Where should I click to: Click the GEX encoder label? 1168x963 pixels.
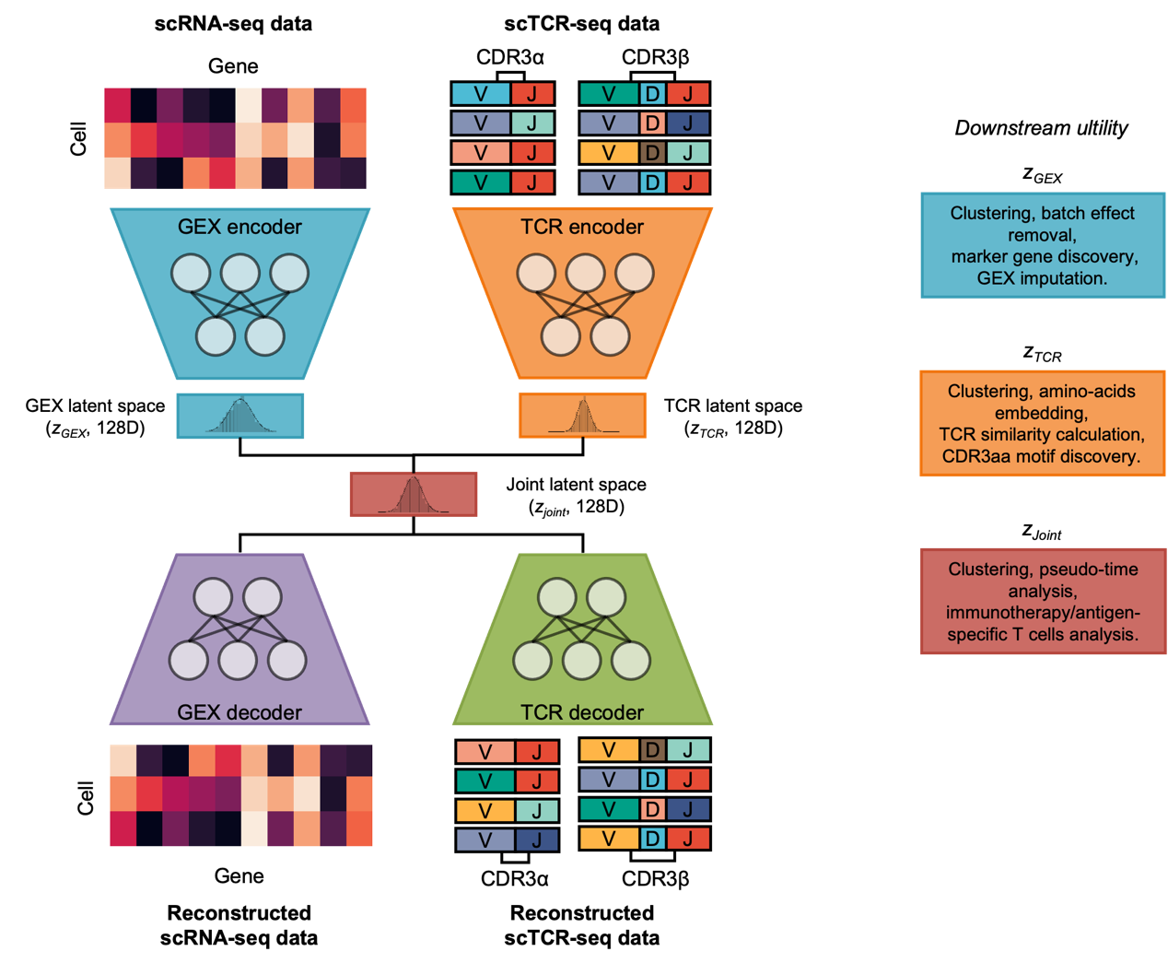pyautogui.click(x=239, y=227)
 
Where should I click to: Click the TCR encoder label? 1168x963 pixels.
pyautogui.click(x=582, y=227)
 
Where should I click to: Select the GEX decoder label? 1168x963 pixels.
pyautogui.click(x=239, y=712)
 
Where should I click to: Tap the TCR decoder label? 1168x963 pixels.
pyautogui.click(x=582, y=712)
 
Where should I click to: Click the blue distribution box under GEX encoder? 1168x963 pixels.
pyautogui.click(x=240, y=416)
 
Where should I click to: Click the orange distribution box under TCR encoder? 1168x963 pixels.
pyautogui.click(x=582, y=415)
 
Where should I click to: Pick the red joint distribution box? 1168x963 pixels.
pyautogui.click(x=414, y=494)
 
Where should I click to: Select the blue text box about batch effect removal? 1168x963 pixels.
pyautogui.click(x=1043, y=245)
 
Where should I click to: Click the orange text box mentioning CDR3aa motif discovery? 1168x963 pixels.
pyautogui.click(x=1043, y=423)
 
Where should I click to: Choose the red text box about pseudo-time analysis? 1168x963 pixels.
pyautogui.click(x=1043, y=601)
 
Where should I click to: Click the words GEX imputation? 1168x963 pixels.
pyautogui.click(x=1042, y=278)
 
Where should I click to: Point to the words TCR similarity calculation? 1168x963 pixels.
pyautogui.click(x=1042, y=434)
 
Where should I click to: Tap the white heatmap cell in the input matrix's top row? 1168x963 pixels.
pyautogui.click(x=249, y=105)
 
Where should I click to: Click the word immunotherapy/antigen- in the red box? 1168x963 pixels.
pyautogui.click(x=1043, y=613)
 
